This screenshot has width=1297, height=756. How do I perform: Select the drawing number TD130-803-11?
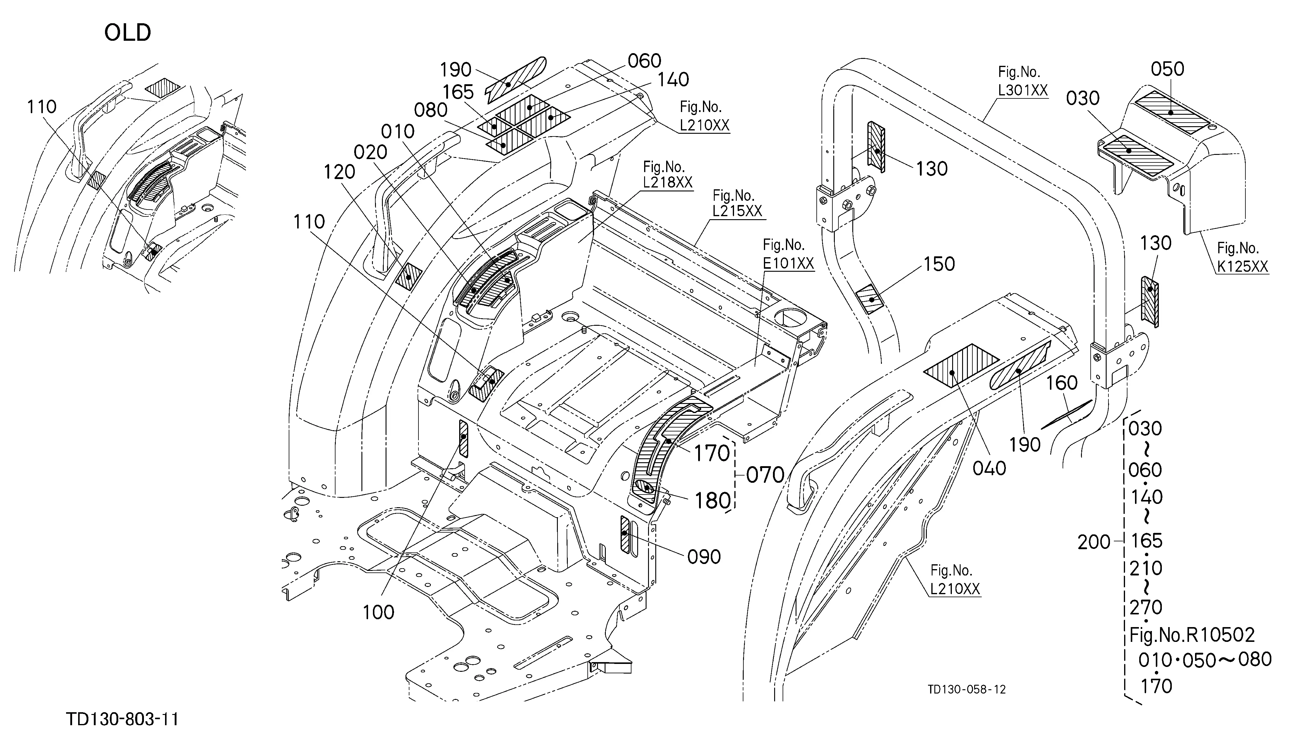(x=122, y=719)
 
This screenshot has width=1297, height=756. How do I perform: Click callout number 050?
(x=1167, y=69)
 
